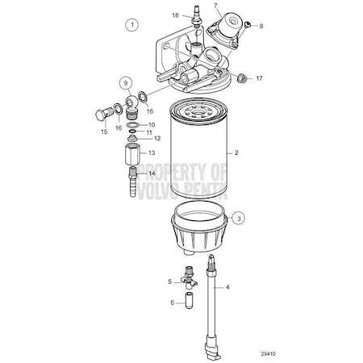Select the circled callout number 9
125,82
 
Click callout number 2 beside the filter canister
236,152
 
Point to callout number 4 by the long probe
227,287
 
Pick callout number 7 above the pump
215,6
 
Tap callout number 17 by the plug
260,78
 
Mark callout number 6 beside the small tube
170,303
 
